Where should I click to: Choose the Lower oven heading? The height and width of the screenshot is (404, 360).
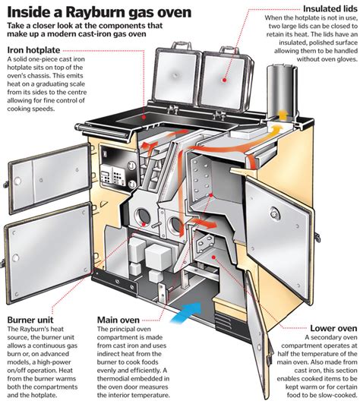pyautogui.click(x=331, y=327)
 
